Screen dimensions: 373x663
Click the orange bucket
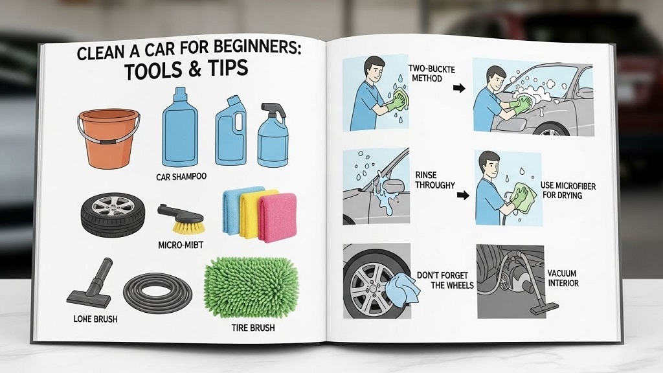coord(108,138)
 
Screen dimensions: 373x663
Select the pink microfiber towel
coord(277,216)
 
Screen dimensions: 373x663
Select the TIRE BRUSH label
coord(253,328)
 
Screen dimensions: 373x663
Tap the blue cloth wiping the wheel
coord(401,286)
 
